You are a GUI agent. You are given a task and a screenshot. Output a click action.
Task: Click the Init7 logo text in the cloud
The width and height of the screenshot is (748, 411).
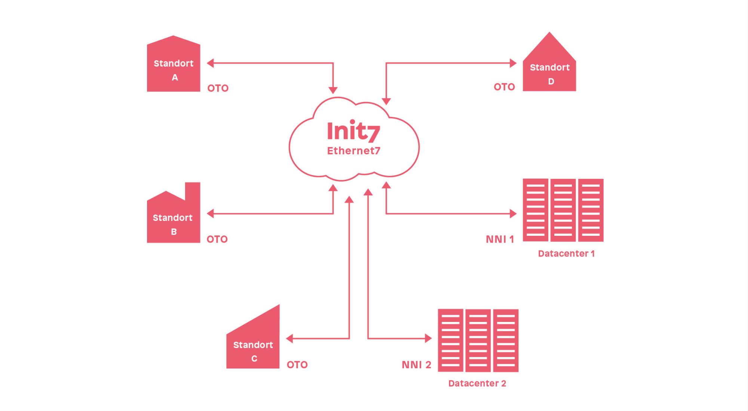[x=353, y=131]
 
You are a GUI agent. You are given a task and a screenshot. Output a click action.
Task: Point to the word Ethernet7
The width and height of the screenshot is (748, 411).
[x=353, y=151]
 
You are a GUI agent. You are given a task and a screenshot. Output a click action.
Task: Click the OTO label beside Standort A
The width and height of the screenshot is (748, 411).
[x=218, y=88]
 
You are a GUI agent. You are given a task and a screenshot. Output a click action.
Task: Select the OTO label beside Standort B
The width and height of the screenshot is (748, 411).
[x=217, y=239]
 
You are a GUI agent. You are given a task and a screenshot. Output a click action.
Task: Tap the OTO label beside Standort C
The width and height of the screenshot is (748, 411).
[x=297, y=365]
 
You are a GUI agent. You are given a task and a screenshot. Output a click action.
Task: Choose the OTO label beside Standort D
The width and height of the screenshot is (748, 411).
[x=504, y=87]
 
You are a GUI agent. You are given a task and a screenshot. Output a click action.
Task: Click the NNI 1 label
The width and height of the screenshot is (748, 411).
[x=500, y=239]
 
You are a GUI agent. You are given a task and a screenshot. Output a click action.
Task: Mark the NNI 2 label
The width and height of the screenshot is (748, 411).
[x=416, y=365]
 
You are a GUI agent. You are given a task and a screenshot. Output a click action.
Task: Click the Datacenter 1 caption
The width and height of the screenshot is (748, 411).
[x=566, y=254]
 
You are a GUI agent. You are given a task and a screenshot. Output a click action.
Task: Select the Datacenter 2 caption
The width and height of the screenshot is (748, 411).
[x=477, y=383]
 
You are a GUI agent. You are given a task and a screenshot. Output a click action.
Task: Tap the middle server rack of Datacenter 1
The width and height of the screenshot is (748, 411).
[x=563, y=210]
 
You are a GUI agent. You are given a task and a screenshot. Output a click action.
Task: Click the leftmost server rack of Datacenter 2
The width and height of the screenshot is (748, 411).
[x=451, y=340]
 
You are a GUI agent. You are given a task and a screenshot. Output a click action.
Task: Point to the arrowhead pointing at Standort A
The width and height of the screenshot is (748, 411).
[x=210, y=63]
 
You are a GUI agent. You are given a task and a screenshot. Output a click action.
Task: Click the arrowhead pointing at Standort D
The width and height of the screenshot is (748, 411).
[x=513, y=63]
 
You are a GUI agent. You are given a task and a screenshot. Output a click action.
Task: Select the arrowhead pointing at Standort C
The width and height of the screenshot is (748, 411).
[x=289, y=339]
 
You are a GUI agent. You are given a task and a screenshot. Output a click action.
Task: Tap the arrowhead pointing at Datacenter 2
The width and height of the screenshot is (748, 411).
[x=428, y=338]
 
